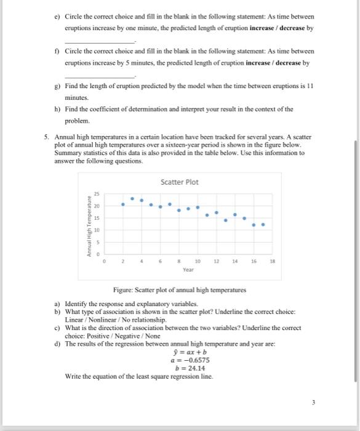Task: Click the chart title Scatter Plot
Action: click(x=180, y=182)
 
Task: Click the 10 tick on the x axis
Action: click(x=198, y=261)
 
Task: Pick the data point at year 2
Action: click(x=122, y=204)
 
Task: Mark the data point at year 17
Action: click(x=263, y=225)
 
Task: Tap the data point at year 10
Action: click(x=198, y=207)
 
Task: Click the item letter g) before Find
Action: click(x=57, y=87)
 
